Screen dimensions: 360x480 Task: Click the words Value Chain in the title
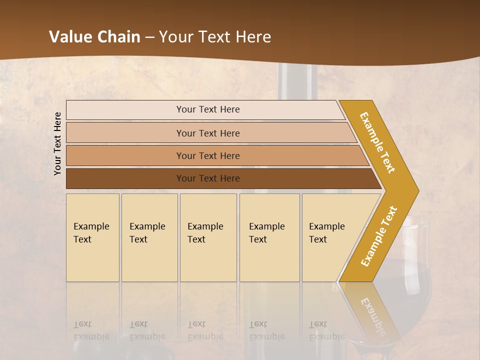click(94, 37)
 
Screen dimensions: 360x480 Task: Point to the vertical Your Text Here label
click(57, 143)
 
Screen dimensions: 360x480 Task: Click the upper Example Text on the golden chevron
click(377, 142)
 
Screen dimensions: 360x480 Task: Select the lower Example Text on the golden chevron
click(378, 236)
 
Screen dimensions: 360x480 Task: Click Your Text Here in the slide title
click(215, 37)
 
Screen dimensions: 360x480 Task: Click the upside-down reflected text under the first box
click(91, 330)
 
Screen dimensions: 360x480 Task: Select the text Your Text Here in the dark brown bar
click(208, 178)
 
